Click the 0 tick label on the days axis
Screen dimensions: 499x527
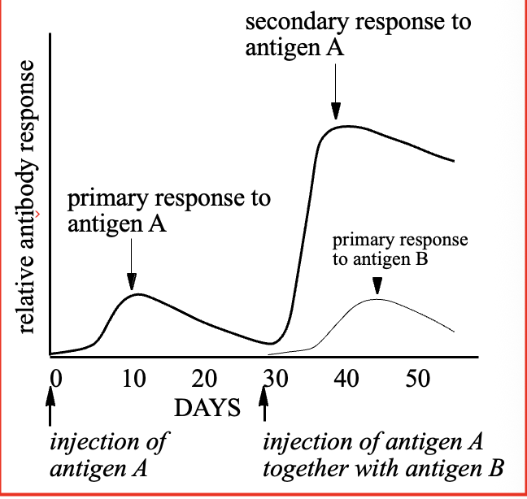pyautogui.click(x=55, y=379)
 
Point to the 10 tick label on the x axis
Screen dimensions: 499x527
pyautogui.click(x=134, y=379)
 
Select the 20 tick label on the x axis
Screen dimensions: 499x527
pyautogui.click(x=206, y=379)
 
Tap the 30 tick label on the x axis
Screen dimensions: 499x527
pyautogui.click(x=277, y=379)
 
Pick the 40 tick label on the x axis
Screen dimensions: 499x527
pyautogui.click(x=347, y=379)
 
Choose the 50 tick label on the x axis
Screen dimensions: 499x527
pyautogui.click(x=418, y=379)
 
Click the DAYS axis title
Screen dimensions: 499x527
pyautogui.click(x=207, y=407)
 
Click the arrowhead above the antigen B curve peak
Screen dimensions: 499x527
pyautogui.click(x=377, y=285)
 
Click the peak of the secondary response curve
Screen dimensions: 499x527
pyautogui.click(x=346, y=126)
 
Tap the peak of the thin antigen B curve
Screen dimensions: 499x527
pyautogui.click(x=377, y=300)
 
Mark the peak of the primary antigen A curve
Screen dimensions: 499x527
pyautogui.click(x=138, y=293)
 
